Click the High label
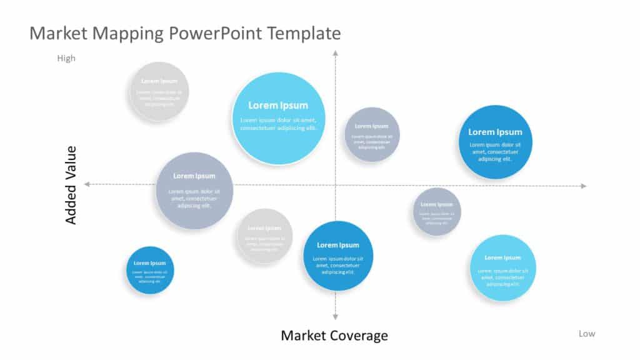point(66,59)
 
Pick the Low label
point(586,334)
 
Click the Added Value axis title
point(71,185)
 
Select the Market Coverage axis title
point(334,336)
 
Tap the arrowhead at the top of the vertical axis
point(336,55)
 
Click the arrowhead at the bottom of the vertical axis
point(336,317)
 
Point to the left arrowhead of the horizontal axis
point(87,184)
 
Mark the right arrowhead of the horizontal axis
point(583,186)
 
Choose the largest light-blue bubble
point(278,118)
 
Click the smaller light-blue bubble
point(502,267)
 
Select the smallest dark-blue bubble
point(149,270)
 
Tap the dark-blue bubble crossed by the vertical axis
point(338,256)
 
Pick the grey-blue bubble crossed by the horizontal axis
point(194,190)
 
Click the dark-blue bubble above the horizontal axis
point(496,142)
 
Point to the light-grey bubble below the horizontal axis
point(264,236)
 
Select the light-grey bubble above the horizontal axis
point(159,91)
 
